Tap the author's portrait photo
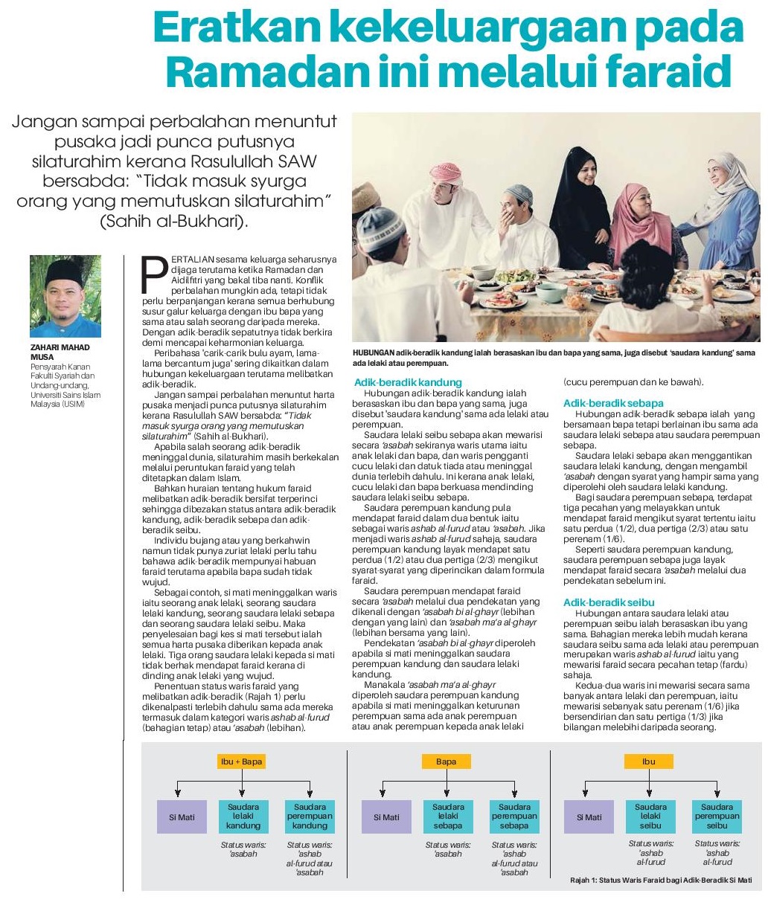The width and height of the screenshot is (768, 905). coord(65,296)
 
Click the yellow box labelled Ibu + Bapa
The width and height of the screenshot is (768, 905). coord(243,761)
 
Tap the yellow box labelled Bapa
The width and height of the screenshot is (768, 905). coord(447,761)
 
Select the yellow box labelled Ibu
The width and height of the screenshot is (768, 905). coord(649,761)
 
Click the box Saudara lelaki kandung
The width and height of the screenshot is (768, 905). coord(243,816)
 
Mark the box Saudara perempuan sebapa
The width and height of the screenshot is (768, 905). coord(514,816)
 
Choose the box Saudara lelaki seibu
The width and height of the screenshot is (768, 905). coord(650,816)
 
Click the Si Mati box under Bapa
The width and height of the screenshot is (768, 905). coord(386,817)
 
